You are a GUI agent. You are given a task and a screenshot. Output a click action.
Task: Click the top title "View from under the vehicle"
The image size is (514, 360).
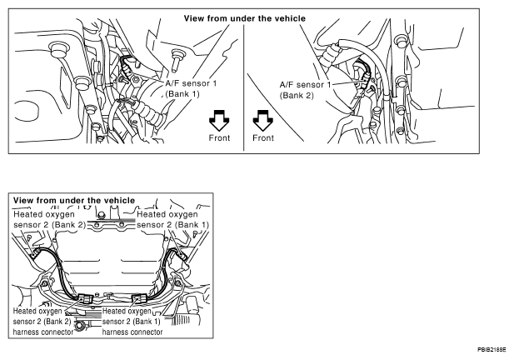[x=245, y=18]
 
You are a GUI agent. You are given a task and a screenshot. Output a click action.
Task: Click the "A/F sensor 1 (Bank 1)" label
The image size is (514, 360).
[x=191, y=88]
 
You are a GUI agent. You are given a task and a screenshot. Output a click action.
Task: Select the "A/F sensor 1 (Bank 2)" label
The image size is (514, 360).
[x=305, y=90]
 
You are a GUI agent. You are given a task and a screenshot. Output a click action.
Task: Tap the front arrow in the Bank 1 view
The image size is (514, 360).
[x=219, y=120]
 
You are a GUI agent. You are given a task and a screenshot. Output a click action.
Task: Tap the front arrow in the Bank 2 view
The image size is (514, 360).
[x=263, y=120]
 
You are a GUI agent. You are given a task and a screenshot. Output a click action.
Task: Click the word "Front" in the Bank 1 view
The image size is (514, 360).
[x=219, y=137]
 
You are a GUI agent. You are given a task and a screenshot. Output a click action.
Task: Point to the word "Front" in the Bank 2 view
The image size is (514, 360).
[x=263, y=137]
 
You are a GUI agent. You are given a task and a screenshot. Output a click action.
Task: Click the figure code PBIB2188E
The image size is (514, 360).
[x=492, y=350]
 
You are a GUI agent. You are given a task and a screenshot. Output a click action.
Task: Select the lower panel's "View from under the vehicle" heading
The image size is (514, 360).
[x=74, y=200]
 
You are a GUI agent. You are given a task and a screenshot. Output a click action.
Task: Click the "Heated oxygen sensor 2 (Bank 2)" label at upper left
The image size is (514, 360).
[x=49, y=219]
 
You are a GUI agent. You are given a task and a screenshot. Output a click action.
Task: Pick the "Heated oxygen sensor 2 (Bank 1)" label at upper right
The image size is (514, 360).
[x=172, y=219]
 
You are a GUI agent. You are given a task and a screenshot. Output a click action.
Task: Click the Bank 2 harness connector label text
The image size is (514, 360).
[x=43, y=322]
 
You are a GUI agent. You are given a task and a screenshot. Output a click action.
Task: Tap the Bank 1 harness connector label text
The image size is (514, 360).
[x=132, y=322]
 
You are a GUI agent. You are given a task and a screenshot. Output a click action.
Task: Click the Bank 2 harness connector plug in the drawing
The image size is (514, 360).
[x=86, y=298]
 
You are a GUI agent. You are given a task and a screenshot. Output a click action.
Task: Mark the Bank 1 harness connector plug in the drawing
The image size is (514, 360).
[x=140, y=299]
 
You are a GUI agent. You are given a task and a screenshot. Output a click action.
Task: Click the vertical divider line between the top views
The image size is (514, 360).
[x=243, y=87]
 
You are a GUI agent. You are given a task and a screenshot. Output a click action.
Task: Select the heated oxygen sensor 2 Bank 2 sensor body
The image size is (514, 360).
[x=35, y=253]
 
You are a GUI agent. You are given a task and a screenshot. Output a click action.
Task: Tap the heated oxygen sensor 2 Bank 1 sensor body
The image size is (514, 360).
[x=181, y=255]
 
